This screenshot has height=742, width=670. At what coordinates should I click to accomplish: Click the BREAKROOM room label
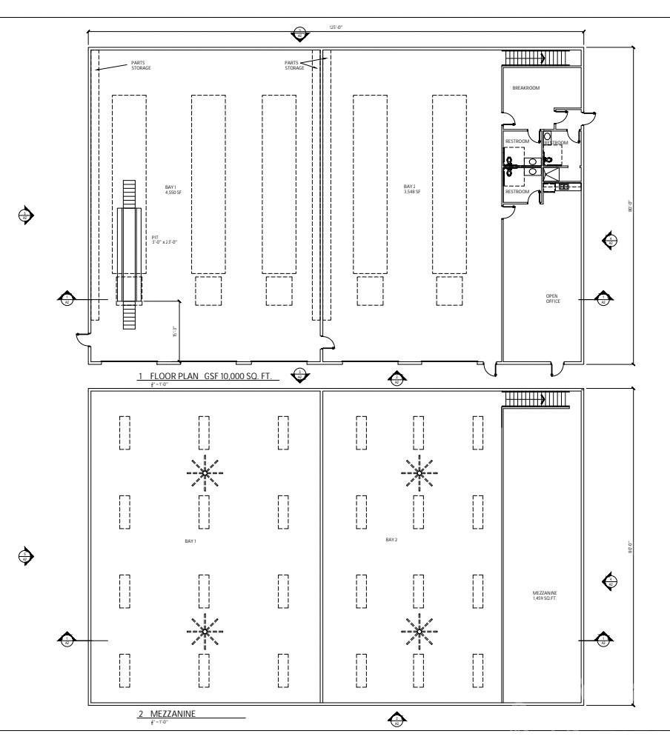pyautogui.click(x=526, y=88)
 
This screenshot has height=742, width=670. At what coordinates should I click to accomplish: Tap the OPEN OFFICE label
pyautogui.click(x=553, y=298)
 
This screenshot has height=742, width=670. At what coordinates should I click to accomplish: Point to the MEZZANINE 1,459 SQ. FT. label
pyautogui.click(x=545, y=595)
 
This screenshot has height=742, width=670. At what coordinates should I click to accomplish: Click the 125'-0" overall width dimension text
pyautogui.click(x=336, y=28)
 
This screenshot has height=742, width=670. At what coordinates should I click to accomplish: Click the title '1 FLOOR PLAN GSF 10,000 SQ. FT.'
pyautogui.click(x=208, y=376)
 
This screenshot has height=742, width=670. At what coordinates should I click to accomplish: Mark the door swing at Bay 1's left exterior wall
pyautogui.click(x=83, y=341)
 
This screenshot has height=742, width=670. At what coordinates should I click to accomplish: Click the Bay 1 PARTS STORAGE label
pyautogui.click(x=141, y=66)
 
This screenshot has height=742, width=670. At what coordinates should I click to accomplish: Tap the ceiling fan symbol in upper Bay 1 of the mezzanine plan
pyautogui.click(x=204, y=470)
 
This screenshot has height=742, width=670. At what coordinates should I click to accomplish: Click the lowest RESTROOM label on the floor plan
pyautogui.click(x=517, y=192)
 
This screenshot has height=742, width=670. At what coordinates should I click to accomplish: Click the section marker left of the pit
pyautogui.click(x=66, y=299)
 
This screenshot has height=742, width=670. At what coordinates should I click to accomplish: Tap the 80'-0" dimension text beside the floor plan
pyautogui.click(x=631, y=208)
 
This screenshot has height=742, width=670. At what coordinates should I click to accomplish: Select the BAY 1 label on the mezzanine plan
pyautogui.click(x=190, y=541)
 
